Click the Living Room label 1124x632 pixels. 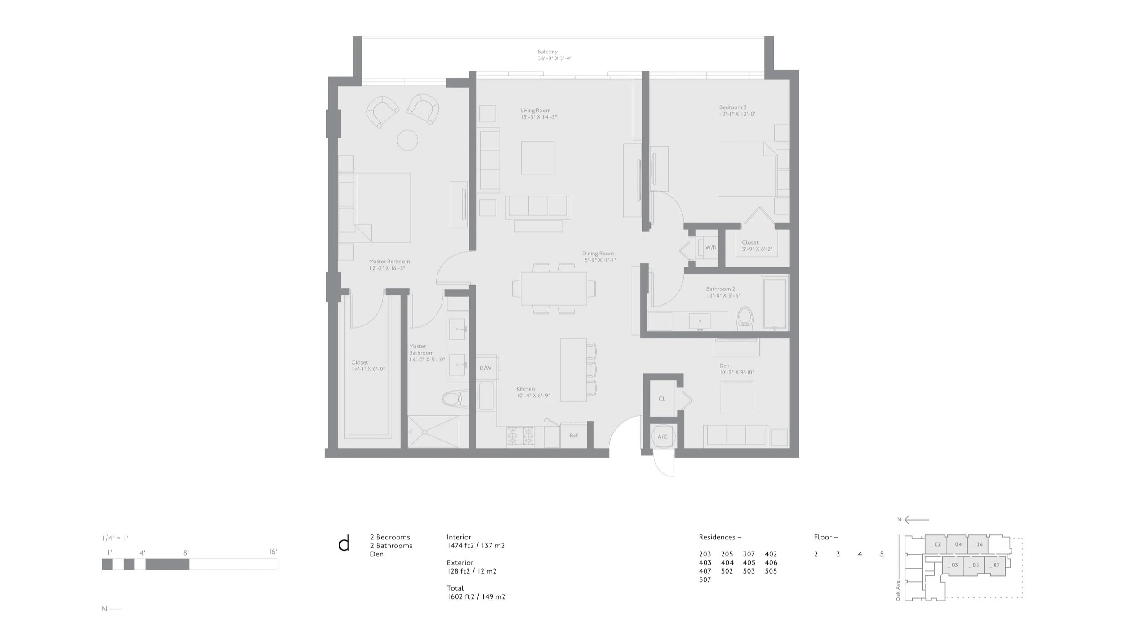pyautogui.click(x=535, y=111)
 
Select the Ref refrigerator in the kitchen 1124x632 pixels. pyautogui.click(x=574, y=435)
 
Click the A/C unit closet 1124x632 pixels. pyautogui.click(x=662, y=436)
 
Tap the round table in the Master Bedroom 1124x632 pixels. pyautogui.click(x=408, y=140)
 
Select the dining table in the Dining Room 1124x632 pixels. pyautogui.click(x=554, y=288)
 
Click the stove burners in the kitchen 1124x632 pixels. pyautogui.click(x=520, y=436)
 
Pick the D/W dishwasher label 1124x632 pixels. pyautogui.click(x=485, y=368)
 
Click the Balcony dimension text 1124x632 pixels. pyautogui.click(x=555, y=58)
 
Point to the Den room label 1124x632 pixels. pyautogui.click(x=724, y=366)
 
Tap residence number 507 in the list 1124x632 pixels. pyautogui.click(x=705, y=580)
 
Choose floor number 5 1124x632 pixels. pyautogui.click(x=882, y=554)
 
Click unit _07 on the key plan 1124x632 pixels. pyautogui.click(x=995, y=565)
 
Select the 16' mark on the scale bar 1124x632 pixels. pyautogui.click(x=273, y=552)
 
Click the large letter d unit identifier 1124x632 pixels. pyautogui.click(x=343, y=543)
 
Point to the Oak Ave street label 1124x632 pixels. pyautogui.click(x=898, y=591)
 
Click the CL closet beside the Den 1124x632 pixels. pyautogui.click(x=662, y=399)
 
